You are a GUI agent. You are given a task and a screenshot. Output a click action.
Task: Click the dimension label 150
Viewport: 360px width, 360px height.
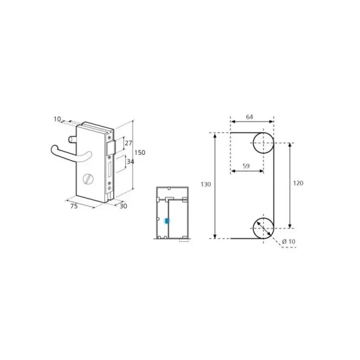coord(140,152)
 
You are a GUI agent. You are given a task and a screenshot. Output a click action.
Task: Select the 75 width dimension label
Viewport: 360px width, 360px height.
coord(74,206)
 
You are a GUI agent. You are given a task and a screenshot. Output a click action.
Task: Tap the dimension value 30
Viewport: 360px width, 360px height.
coord(123,206)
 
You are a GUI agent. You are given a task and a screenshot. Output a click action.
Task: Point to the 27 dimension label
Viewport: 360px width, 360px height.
coord(128,143)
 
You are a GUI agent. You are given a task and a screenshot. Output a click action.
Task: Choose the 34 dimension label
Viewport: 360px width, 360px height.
coord(130,161)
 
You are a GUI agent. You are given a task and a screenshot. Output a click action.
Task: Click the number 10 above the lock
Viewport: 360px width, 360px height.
coord(57,119)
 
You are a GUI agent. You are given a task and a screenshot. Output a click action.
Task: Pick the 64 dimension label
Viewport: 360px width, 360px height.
coord(250,117)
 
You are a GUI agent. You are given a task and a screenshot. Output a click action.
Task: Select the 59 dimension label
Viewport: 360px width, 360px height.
coord(246,166)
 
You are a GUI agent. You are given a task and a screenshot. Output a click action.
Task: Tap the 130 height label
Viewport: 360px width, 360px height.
coord(206,184)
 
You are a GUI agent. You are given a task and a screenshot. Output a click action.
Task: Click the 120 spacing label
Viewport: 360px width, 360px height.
coord(298,183)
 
